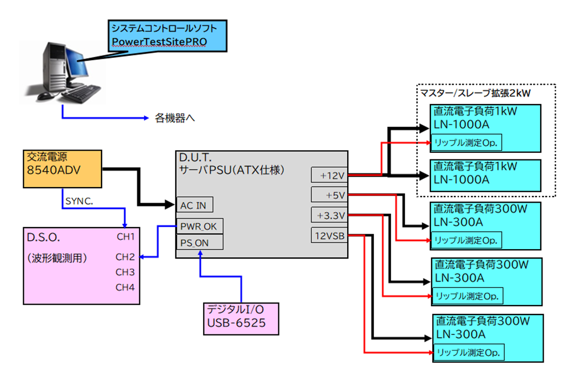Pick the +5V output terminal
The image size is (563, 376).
[x=329, y=194]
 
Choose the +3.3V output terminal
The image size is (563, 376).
[x=329, y=215]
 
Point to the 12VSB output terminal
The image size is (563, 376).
[x=329, y=235]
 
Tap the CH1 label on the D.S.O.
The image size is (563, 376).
[x=125, y=237]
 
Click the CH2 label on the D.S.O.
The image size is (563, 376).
[x=125, y=256]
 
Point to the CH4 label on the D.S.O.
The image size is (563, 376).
[x=125, y=287]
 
